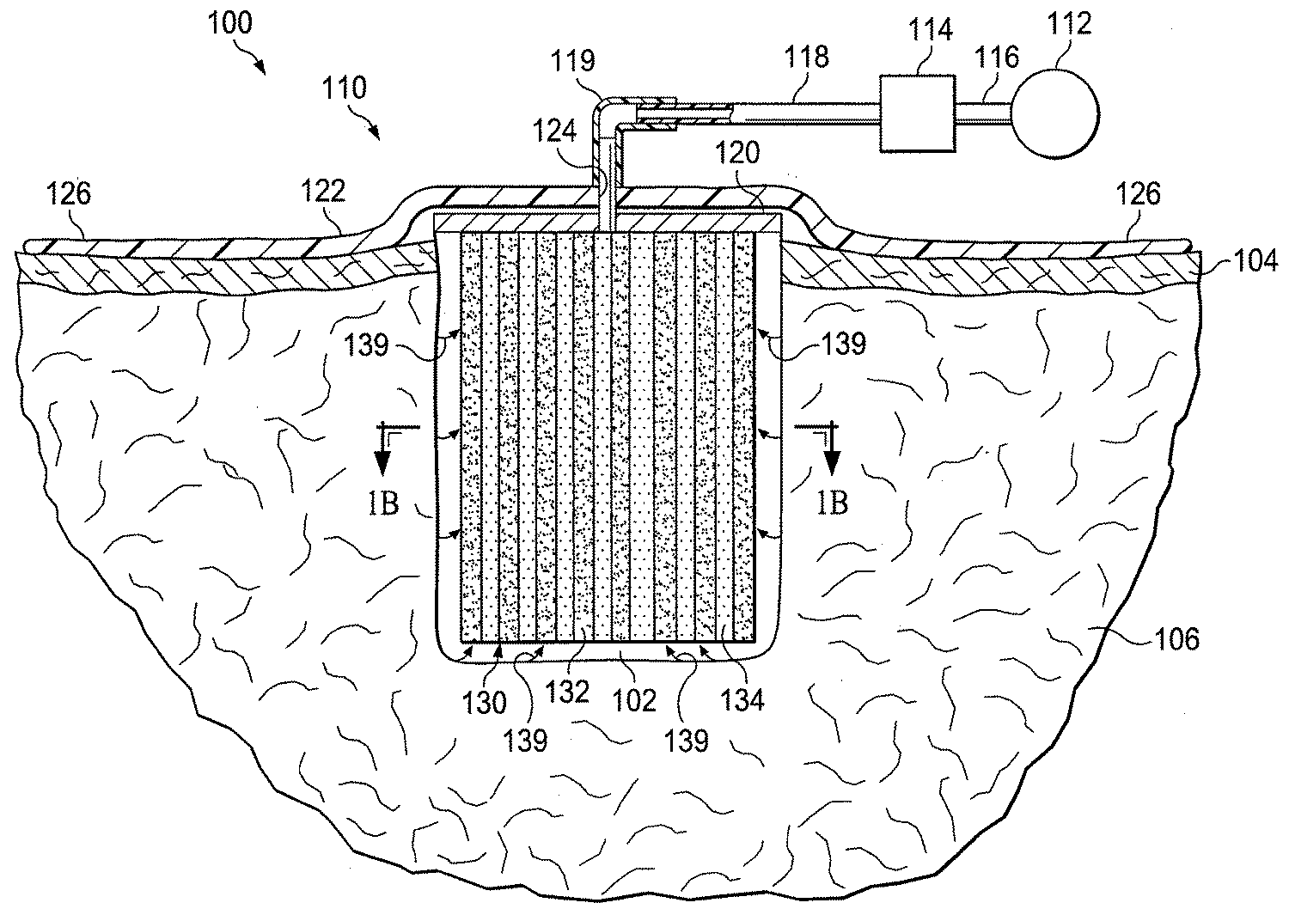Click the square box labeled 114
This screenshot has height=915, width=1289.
tap(918, 113)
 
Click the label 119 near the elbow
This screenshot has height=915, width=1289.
tap(575, 61)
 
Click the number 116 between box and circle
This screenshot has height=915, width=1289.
tap(996, 58)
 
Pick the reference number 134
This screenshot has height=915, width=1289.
tap(742, 700)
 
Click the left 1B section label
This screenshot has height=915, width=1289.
tap(383, 503)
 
